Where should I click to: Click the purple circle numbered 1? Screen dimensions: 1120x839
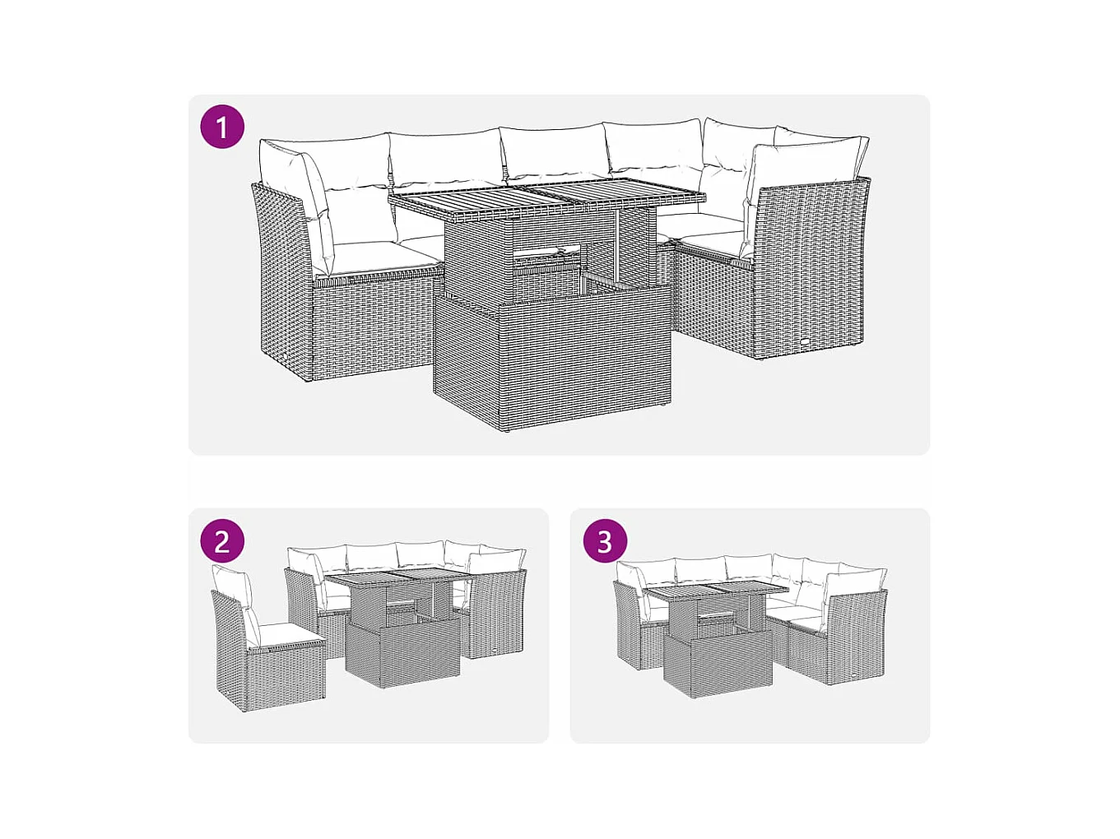pos(222,127)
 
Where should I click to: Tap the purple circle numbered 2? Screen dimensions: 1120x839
pos(222,540)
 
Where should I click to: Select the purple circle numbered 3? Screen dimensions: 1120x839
pos(605,540)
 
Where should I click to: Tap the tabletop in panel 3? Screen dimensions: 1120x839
pos(718,592)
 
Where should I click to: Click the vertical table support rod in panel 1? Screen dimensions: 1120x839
pos(619,248)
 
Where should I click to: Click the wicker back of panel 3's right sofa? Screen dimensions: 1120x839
pos(857,637)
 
